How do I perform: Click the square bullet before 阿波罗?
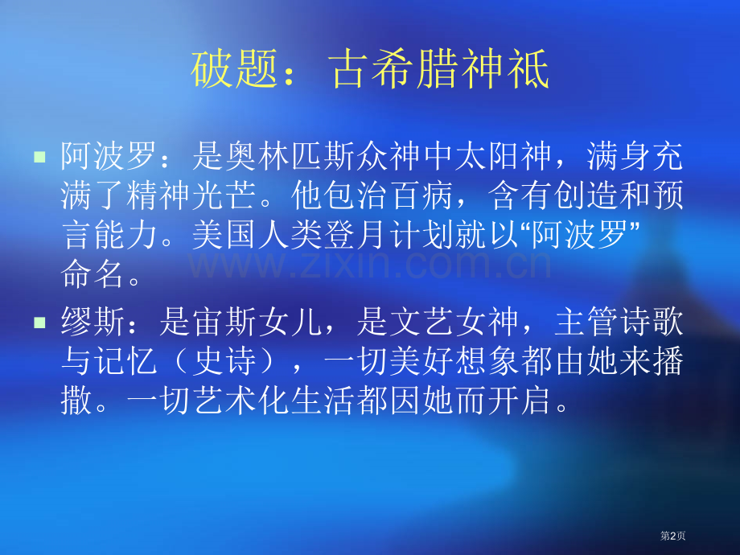(39, 155)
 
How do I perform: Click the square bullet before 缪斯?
(39, 323)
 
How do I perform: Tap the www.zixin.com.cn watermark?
(370, 263)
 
